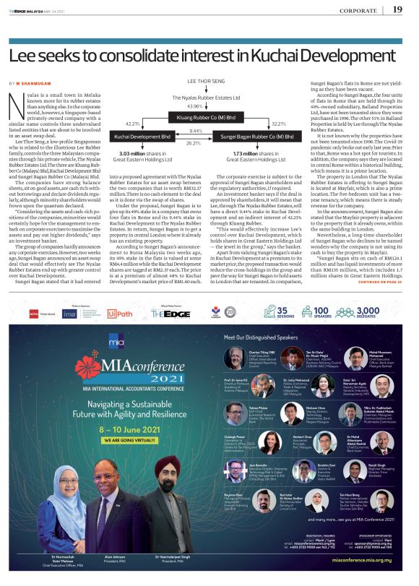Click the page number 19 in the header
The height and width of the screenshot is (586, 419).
click(x=397, y=9)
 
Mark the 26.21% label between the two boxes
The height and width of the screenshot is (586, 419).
click(x=195, y=143)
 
